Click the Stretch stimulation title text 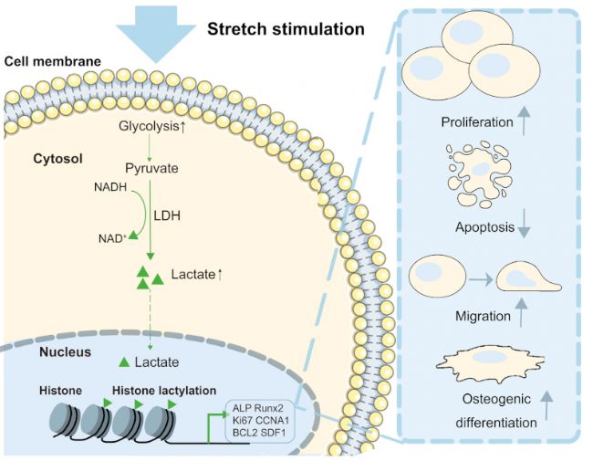click(x=286, y=29)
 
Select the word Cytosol click(x=59, y=158)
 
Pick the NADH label click(x=107, y=187)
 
